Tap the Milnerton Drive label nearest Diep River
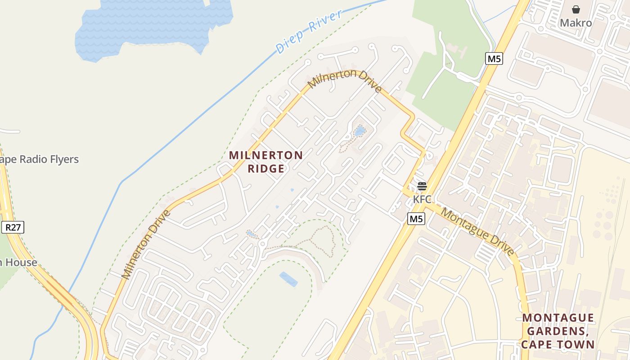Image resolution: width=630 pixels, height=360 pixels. pos(345,81)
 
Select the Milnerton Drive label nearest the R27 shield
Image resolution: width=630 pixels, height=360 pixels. pos(146,244)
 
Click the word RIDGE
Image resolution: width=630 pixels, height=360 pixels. pos(265,169)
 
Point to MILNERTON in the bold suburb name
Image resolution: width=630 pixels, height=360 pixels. pos(265,155)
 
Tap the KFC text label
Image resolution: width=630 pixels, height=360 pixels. pos(422,198)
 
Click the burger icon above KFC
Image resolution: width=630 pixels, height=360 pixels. pos(422,186)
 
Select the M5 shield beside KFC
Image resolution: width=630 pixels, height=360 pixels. pos(416,219)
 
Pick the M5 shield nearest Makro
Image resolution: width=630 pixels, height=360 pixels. pos(494,58)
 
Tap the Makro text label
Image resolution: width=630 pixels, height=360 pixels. pos(576,22)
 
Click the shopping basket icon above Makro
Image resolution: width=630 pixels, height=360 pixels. pos(576,9)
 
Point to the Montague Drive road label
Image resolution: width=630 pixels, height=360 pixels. pos(477,232)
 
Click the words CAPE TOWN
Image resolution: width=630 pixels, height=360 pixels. pos(558,345)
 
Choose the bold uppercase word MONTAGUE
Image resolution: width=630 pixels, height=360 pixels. pos(558,318)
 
